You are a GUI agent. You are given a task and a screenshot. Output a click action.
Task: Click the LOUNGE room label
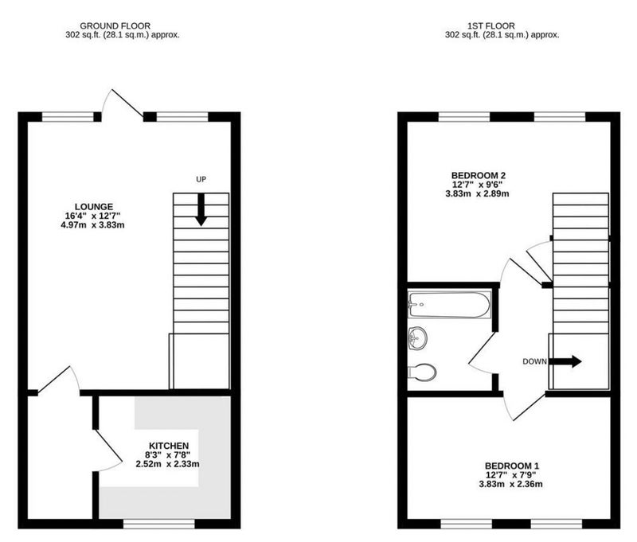94,207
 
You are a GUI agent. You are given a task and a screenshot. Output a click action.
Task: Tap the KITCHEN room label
169,446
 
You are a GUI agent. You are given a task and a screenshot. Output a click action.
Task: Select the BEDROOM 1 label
512,466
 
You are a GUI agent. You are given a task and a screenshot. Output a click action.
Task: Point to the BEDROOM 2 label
479,175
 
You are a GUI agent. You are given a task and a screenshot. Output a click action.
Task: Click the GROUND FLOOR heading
115,26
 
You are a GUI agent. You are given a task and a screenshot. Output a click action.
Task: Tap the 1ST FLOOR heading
491,26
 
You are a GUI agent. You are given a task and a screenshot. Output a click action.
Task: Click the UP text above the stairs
201,179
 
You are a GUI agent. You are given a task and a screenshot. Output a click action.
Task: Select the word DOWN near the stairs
534,361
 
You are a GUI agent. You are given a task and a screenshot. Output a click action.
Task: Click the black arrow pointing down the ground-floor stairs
201,209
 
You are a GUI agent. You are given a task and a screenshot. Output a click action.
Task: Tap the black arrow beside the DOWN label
565,361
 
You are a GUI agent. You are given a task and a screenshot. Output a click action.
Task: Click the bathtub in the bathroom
449,305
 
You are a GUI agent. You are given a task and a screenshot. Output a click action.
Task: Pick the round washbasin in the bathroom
417,337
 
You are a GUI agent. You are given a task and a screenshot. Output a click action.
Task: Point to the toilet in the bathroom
422,372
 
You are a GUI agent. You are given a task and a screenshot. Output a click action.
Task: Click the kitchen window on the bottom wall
159,524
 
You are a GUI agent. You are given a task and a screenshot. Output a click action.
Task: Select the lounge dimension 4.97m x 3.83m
92,224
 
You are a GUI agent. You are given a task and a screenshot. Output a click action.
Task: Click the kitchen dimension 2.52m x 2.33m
167,464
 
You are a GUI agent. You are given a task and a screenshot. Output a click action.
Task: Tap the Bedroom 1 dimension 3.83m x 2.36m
510,484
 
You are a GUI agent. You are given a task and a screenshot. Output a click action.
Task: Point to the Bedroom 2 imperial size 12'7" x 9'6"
477,184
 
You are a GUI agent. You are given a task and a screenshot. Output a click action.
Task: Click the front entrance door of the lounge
122,104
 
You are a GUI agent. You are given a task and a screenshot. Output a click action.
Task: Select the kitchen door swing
108,450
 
